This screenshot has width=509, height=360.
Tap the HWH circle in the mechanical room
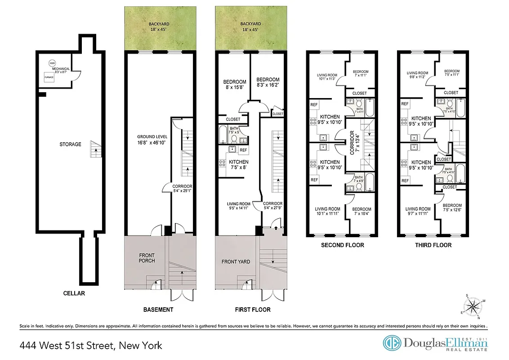point(53,63)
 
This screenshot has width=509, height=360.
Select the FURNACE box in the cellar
point(49,77)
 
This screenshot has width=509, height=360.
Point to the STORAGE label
point(71,144)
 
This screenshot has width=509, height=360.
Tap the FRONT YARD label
point(236,261)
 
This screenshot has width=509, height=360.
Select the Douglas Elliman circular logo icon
point(392,343)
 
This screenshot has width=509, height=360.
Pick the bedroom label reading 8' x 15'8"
point(234,85)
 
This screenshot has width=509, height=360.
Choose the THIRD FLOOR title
point(433,245)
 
